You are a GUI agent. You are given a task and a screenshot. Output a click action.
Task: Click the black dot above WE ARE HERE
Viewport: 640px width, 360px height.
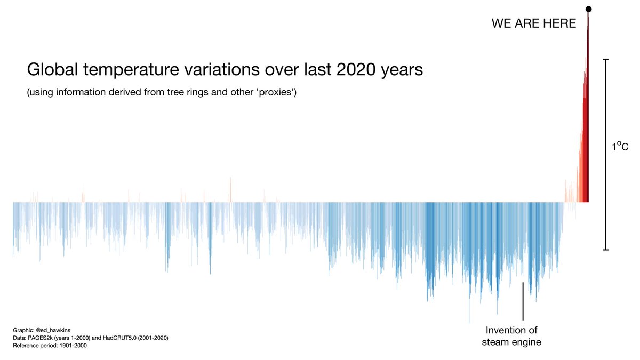[x=589, y=9]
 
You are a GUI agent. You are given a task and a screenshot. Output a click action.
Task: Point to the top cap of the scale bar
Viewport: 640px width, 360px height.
[x=606, y=59]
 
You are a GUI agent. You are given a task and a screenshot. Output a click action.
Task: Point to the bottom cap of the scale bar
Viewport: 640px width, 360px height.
[x=606, y=249]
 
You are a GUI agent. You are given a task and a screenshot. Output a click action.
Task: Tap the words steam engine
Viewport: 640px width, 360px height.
[x=511, y=342]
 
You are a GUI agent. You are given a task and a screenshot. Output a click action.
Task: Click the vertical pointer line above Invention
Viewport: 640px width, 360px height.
[x=523, y=301]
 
